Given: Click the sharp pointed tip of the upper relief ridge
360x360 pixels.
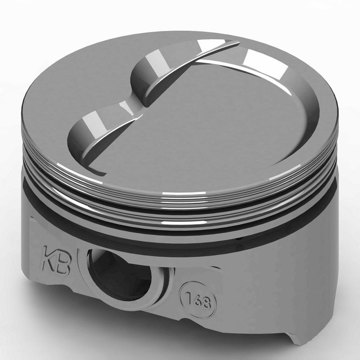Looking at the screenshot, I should (x=238, y=42).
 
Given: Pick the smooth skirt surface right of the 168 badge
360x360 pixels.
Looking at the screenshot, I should (x=272, y=288).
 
